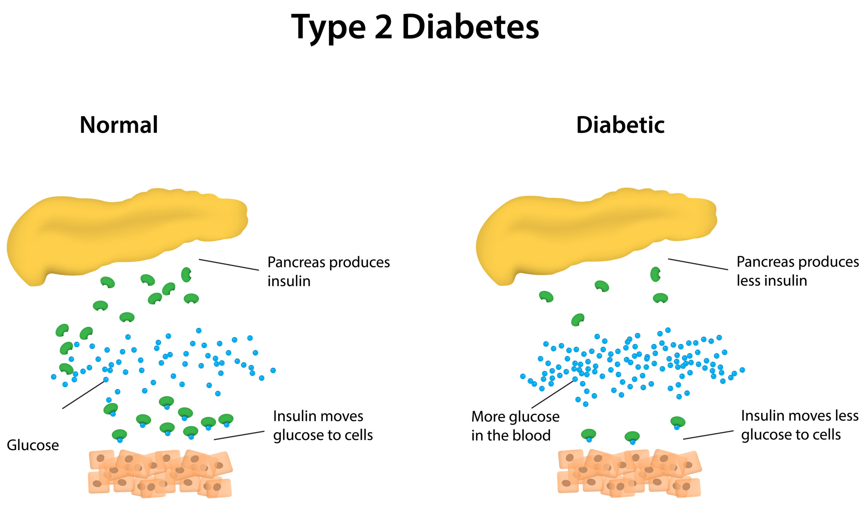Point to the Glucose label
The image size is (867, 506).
click(33, 445)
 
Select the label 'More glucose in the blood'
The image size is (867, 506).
click(515, 426)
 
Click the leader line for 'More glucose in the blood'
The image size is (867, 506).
click(552, 395)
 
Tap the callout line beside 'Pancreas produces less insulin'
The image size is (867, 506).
click(698, 264)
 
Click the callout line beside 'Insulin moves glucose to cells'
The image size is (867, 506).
click(239, 435)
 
